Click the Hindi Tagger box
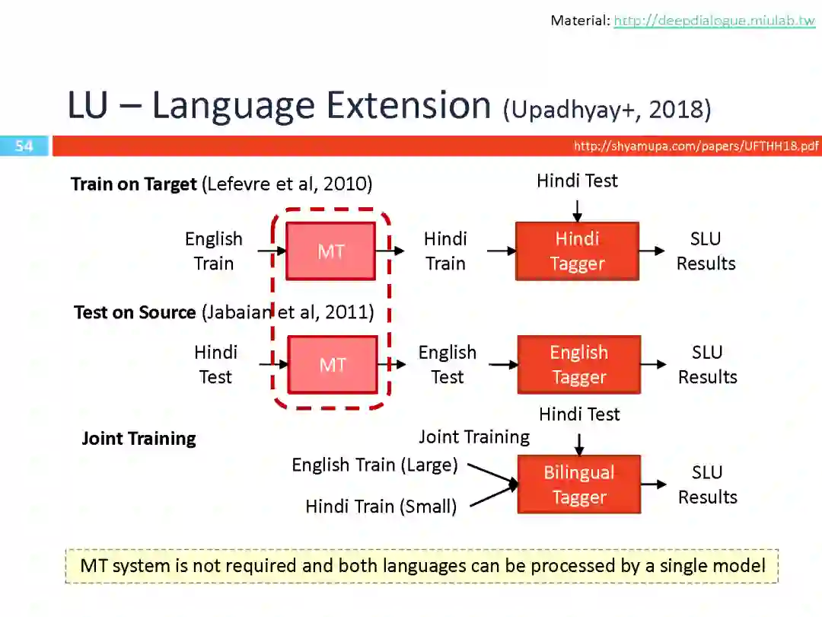click(577, 251)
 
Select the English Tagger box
click(578, 365)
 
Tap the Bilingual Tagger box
click(578, 484)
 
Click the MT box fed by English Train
click(330, 251)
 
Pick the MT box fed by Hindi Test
click(332, 365)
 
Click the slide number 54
click(24, 145)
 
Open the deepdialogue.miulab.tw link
click(714, 21)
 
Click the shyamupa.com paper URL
click(696, 145)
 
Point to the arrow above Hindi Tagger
click(577, 210)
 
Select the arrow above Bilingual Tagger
click(579, 444)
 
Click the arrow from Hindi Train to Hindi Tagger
click(501, 251)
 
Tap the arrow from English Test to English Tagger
click(502, 365)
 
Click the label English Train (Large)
click(374, 465)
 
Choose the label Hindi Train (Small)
click(381, 506)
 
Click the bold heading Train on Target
click(134, 184)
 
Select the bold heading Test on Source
click(135, 312)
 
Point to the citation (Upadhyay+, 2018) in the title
click(607, 110)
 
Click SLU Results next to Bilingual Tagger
click(707, 484)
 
